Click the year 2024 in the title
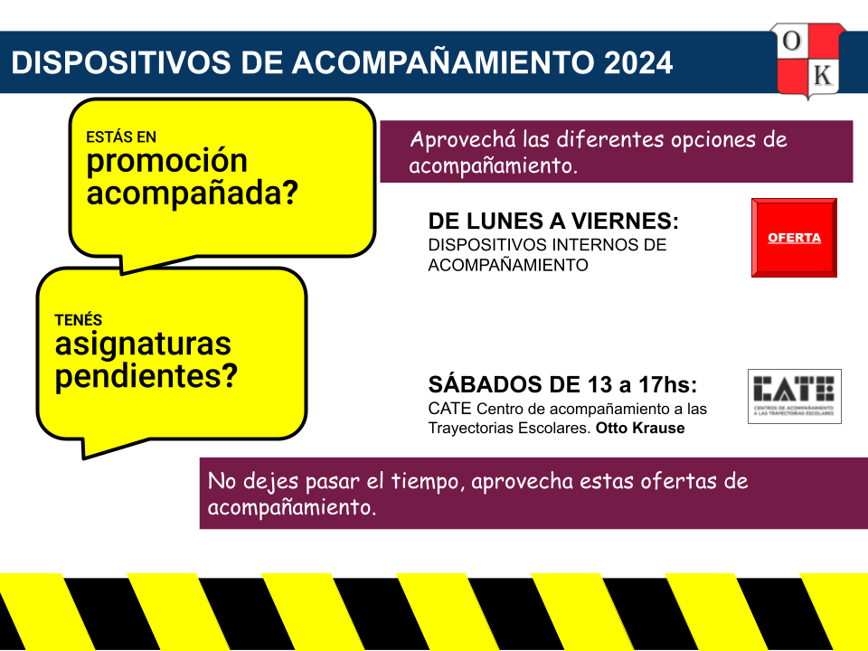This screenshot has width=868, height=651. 638,62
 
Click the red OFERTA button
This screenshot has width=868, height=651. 794,238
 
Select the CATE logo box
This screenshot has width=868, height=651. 795,396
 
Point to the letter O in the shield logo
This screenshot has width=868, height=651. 792,41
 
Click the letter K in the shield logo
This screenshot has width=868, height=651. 823,75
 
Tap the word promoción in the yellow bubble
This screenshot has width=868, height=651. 166,162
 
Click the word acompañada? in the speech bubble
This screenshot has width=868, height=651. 192,193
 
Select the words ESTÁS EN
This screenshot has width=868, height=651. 120,137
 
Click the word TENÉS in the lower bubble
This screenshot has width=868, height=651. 79,320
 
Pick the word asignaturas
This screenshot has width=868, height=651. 143,344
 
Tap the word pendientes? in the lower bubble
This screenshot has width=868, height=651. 146,377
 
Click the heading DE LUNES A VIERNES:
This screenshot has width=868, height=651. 553,222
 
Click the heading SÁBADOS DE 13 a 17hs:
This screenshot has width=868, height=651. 562,385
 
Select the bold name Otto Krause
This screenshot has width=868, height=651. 640,428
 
